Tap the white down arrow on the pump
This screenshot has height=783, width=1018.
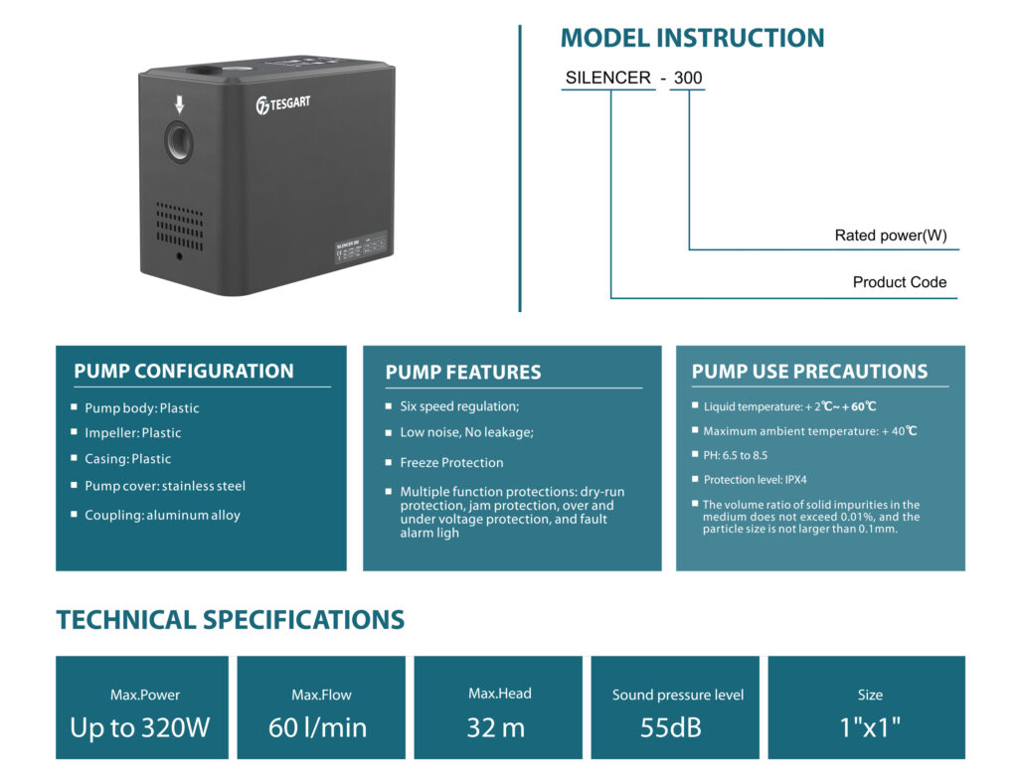[x=180, y=103]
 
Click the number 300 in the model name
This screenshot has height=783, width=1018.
[x=687, y=78]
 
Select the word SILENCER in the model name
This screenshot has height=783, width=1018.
[x=607, y=78]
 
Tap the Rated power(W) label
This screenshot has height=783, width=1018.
[x=890, y=236]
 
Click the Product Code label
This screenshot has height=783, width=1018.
[x=899, y=282]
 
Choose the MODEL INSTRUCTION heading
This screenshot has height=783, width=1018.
[x=692, y=39]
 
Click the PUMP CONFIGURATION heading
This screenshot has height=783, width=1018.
[x=184, y=372]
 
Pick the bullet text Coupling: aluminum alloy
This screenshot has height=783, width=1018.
[x=162, y=515]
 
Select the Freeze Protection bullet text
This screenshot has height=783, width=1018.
[x=451, y=462]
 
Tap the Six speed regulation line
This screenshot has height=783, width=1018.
[x=459, y=406]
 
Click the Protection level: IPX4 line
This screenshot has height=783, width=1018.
[x=755, y=479]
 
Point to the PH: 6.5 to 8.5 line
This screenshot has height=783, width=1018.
[x=735, y=455]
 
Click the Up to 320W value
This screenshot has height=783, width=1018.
[x=140, y=727]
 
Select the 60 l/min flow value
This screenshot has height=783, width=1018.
[x=317, y=727]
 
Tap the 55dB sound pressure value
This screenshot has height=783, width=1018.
[x=671, y=727]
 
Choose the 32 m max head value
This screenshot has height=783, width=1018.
[x=495, y=727]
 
